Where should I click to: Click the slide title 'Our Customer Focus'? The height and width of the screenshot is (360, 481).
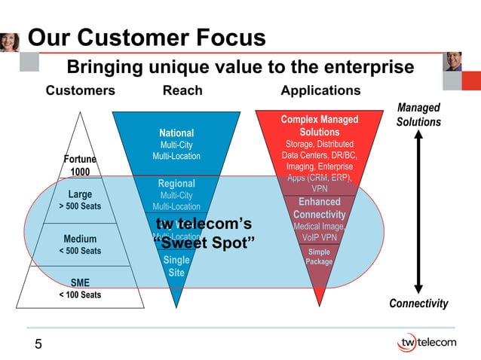tap(146, 38)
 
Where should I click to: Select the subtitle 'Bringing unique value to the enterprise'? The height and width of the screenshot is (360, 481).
tap(240, 68)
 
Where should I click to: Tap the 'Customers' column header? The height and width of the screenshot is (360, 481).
tap(81, 91)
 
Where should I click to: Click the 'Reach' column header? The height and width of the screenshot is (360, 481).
tap(182, 91)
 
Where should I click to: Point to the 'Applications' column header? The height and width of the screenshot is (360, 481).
tap(320, 91)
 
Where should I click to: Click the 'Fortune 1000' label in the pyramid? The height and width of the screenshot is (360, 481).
tap(80, 166)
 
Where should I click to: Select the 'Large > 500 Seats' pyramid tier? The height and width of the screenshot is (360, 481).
tap(80, 200)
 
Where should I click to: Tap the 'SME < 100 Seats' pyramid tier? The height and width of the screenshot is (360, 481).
tap(80, 288)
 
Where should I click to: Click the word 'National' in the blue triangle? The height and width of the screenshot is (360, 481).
tap(176, 133)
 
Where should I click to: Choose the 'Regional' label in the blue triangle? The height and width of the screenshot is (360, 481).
tap(176, 184)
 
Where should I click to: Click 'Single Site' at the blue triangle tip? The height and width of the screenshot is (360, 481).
tap(176, 267)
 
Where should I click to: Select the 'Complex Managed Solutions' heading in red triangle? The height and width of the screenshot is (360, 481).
tap(319, 126)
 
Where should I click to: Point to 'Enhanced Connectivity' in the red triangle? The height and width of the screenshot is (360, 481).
tap(319, 209)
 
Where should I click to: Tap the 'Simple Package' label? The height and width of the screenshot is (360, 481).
tap(319, 257)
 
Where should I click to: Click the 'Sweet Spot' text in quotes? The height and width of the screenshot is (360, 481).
tap(204, 243)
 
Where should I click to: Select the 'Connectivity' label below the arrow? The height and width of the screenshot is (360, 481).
tap(418, 304)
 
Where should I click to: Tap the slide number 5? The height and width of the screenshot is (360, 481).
tap(38, 345)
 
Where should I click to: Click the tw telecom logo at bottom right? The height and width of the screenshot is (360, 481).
tap(426, 343)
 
